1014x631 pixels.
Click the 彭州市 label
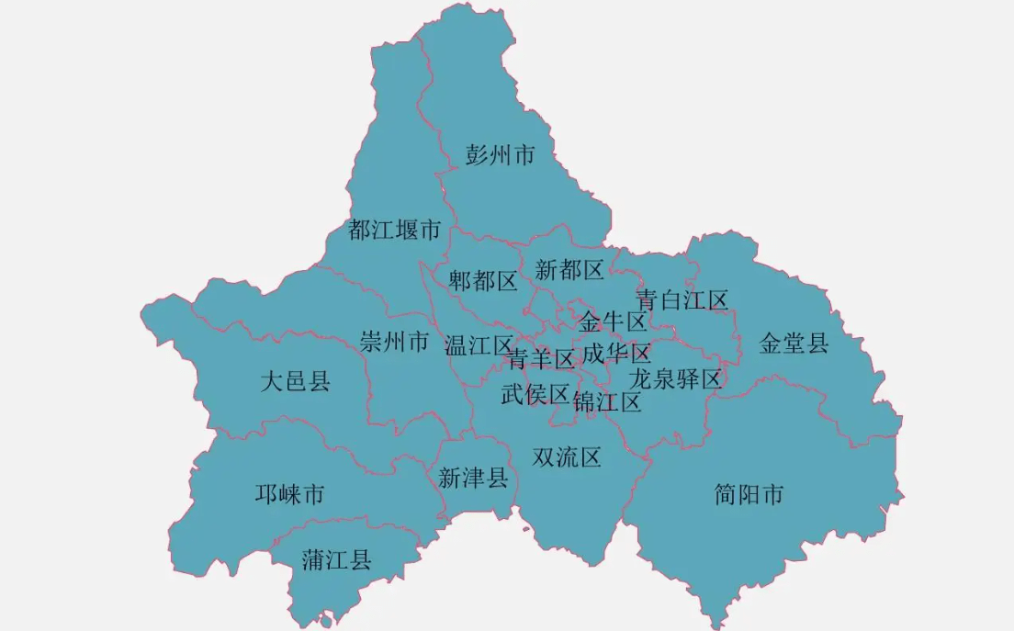(500, 155)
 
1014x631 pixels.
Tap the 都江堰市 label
(395, 230)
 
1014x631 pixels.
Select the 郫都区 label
(483, 281)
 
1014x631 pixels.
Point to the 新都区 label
(569, 270)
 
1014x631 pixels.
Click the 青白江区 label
(682, 300)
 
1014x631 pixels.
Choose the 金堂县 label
(794, 344)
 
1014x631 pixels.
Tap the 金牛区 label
(613, 321)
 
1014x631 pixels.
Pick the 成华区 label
(616, 354)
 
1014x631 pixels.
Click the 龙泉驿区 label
(675, 378)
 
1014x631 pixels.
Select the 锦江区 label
(607, 401)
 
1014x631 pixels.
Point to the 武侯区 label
(535, 394)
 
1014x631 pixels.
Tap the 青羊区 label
(541, 358)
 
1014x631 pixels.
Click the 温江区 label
(479, 345)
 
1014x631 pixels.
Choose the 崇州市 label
(395, 344)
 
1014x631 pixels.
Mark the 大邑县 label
(295, 381)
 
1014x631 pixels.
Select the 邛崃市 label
(289, 495)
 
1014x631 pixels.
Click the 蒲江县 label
(336, 560)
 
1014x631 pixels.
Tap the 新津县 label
(473, 478)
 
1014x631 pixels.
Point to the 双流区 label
(567, 456)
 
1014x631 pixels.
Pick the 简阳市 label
(749, 495)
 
